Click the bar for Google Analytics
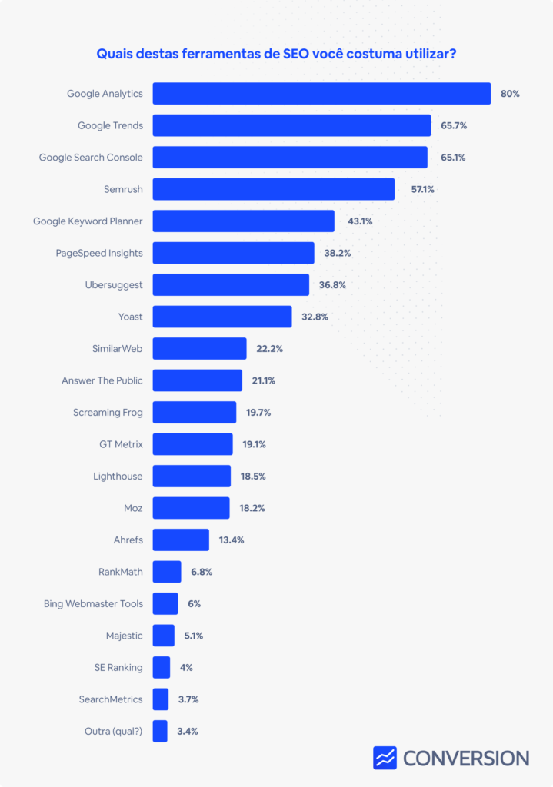[x=321, y=93]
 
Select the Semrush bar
[x=274, y=189]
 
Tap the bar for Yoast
[x=222, y=317]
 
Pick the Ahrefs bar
[x=181, y=540]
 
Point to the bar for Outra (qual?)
[x=160, y=731]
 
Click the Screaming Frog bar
[x=195, y=412]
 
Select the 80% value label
[x=510, y=94]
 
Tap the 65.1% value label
[x=453, y=158]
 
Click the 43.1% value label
[x=360, y=221]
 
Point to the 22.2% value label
[x=270, y=349]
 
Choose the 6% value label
[x=195, y=604]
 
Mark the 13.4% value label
[x=232, y=540]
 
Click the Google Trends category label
[x=111, y=125]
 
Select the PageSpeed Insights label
[x=99, y=253]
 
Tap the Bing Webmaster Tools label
[x=93, y=604]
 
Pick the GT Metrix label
[x=121, y=444]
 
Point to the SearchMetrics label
[x=111, y=699]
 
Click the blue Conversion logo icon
[x=385, y=758]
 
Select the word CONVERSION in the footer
[x=466, y=759]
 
